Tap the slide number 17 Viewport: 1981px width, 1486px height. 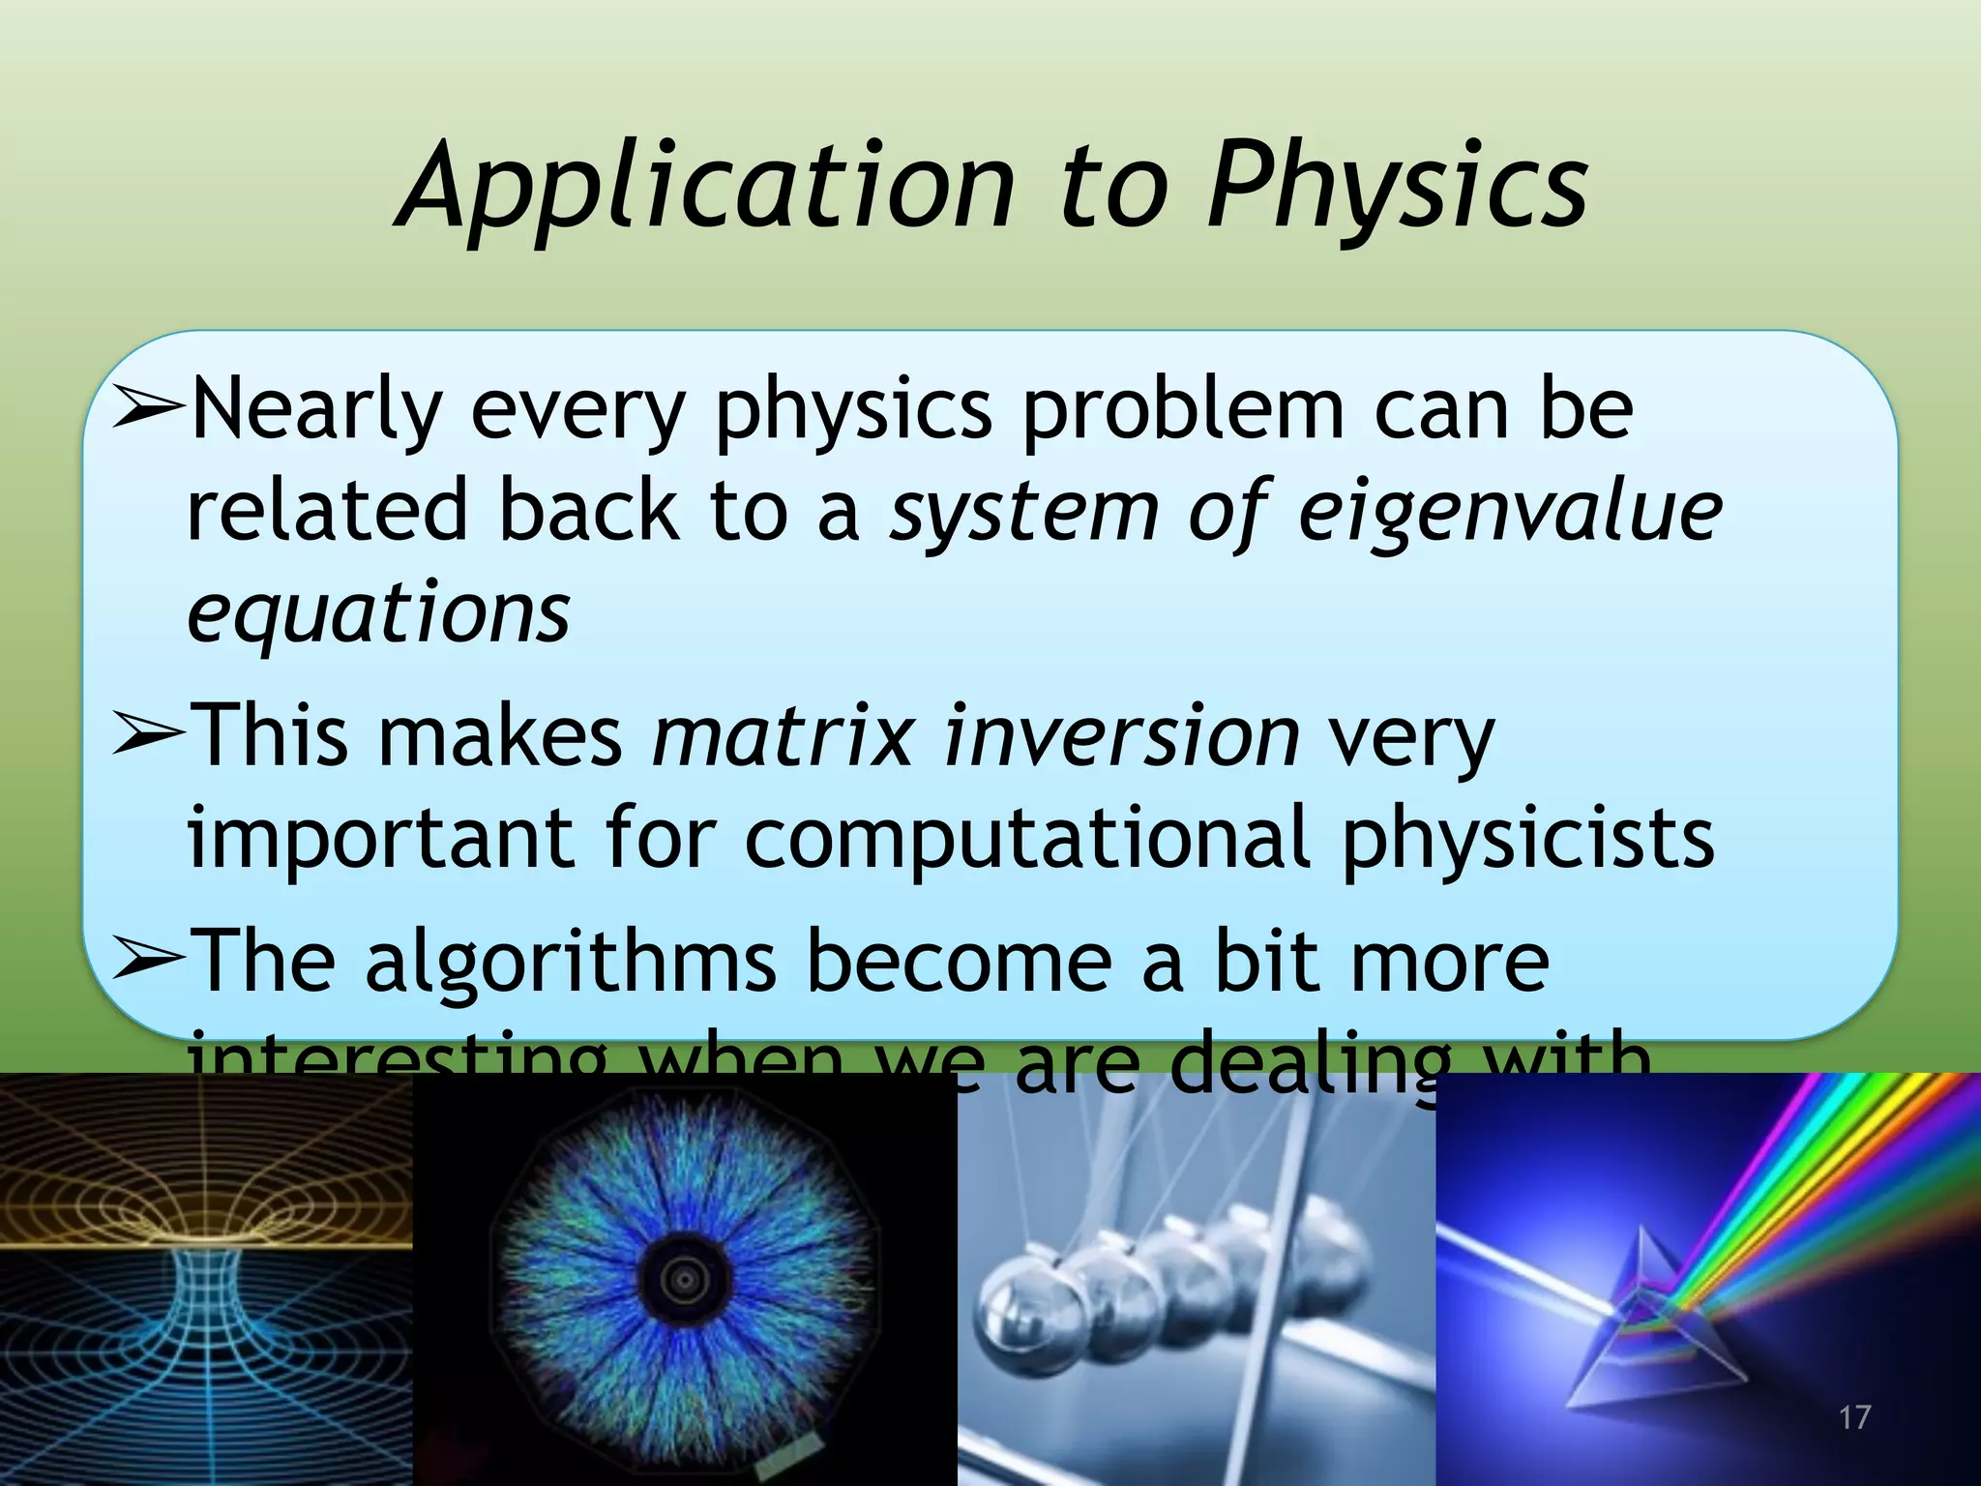1854,1418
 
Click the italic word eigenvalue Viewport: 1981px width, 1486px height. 1509,511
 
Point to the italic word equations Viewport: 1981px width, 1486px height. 378,613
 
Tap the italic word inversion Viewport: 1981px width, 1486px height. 1122,736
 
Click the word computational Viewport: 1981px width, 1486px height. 1025,838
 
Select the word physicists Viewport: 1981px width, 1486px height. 1528,838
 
